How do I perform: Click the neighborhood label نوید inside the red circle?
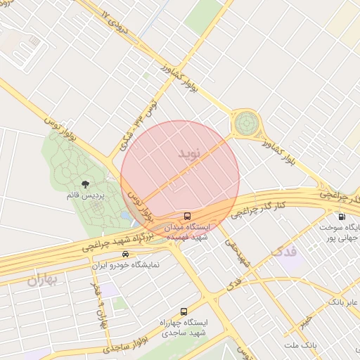(189, 153)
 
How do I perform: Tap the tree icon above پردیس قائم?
(85, 184)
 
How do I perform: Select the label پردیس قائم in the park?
(85, 195)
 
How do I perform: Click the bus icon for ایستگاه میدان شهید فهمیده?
(187, 217)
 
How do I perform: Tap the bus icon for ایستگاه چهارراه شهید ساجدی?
(184, 311)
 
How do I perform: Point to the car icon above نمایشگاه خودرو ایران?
(125, 254)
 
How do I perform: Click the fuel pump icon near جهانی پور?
(342, 217)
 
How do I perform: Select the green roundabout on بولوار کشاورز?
(246, 124)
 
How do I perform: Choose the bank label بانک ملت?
(302, 346)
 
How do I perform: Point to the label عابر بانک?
(342, 302)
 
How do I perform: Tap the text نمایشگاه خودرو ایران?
(127, 266)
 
